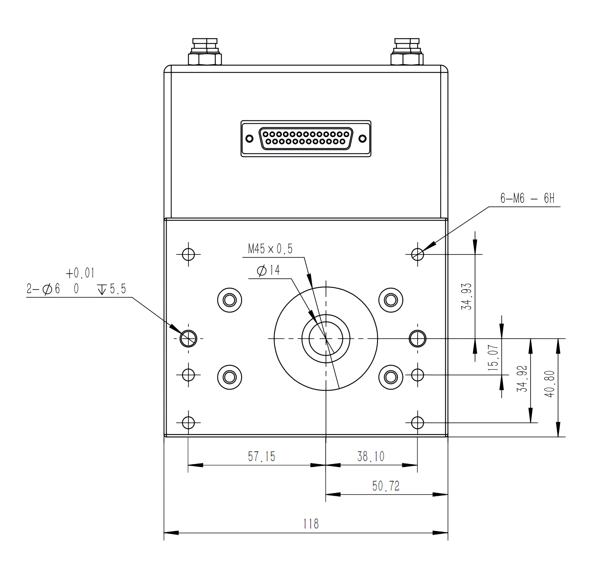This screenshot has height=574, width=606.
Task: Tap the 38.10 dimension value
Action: [x=371, y=456]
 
